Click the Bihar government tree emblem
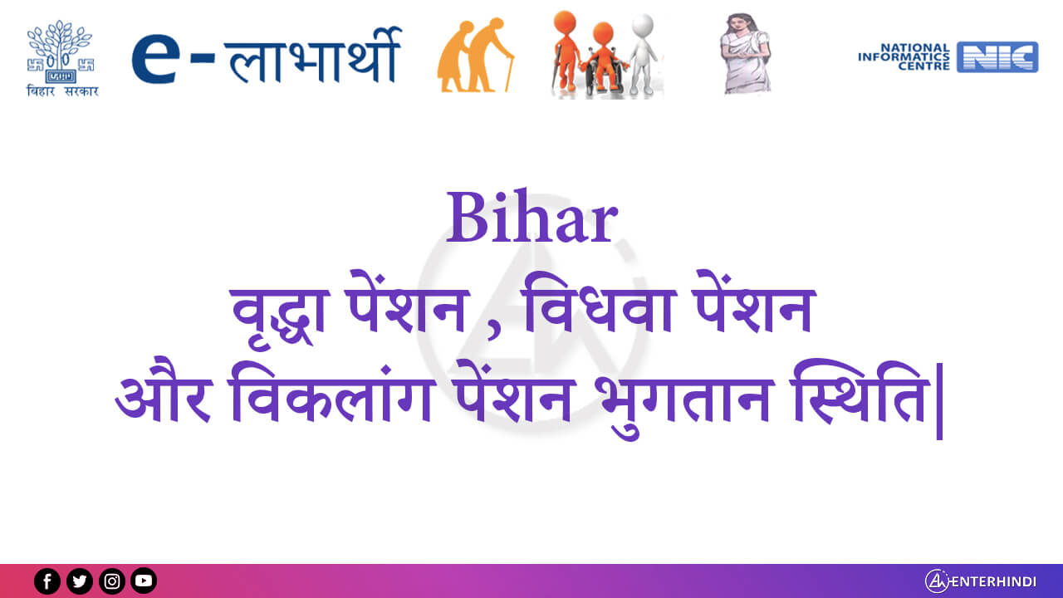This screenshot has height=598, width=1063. [x=61, y=51]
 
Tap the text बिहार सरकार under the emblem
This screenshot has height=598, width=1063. [x=62, y=91]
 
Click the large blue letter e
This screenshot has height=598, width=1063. [x=156, y=58]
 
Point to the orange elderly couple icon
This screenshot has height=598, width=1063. [x=474, y=55]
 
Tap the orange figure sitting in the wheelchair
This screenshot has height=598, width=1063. [x=603, y=58]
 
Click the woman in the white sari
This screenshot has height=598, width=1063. [x=746, y=53]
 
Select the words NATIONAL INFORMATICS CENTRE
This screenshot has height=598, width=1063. [x=904, y=57]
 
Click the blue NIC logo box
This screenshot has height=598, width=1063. [x=997, y=57]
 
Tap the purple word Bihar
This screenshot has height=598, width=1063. [x=532, y=217]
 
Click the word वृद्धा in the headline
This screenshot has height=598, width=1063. [x=281, y=313]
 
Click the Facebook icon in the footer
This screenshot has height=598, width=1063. [x=47, y=581]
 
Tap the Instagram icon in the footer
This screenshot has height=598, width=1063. [x=112, y=581]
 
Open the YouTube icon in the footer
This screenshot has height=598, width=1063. [x=144, y=581]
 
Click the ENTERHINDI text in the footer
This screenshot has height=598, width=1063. [x=993, y=581]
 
